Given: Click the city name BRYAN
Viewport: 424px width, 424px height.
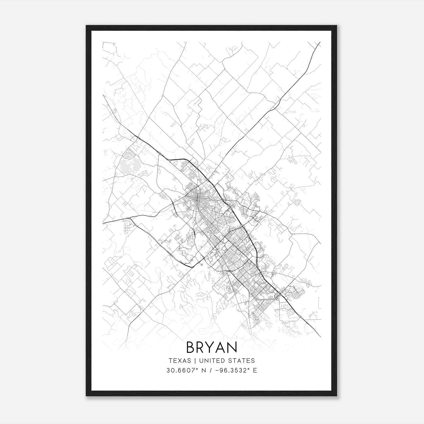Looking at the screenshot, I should point(211,347).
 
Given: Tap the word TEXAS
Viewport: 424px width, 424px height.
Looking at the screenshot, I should point(180,361).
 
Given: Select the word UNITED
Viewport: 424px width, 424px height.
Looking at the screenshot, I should point(211,361).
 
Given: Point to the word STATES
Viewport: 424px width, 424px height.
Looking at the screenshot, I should point(241,361).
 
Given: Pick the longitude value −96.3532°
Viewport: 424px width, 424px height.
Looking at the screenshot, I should point(233,370).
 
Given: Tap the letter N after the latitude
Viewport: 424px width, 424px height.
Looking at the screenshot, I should point(204,370).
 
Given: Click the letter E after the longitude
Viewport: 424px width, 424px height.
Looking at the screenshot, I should point(255,370).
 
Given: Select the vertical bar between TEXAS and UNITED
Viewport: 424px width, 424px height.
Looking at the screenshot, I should point(195,361).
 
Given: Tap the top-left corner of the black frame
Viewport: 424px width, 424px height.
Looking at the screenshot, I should point(86,26).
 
